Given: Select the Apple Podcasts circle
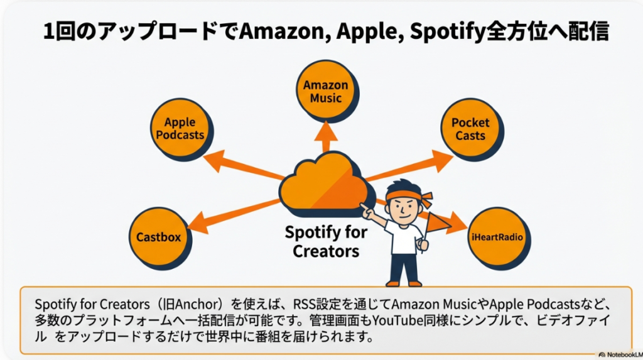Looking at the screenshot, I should coord(180,128).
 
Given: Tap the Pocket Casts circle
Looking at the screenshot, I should coord(470,129).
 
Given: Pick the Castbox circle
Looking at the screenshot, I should coord(158,237).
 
